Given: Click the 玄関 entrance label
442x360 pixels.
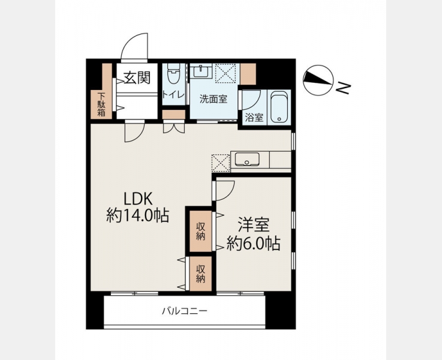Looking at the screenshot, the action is coord(137,77).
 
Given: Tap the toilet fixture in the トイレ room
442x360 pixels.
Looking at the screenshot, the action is coord(173,74).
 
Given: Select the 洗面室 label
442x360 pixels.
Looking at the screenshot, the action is coord(213,99).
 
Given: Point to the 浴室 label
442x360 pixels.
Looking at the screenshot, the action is coord(254,117).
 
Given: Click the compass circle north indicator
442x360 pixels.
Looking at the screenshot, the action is coord(318,80).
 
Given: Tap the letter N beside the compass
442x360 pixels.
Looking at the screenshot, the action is coord(344,88).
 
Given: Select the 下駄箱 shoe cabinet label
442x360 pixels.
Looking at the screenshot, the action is coord(101,104).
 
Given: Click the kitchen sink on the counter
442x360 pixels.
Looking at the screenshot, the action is coord(247,159).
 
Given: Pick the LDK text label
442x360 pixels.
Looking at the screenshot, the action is coord(139,199).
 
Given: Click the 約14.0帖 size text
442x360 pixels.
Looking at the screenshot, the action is coord(137,215).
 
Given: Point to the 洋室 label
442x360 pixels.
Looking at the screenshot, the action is coord(254,224).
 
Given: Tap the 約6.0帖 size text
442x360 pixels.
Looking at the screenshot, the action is coord(254,243).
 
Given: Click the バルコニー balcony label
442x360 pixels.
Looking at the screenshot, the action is coord(185,311).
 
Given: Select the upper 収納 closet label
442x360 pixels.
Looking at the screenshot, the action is coord(200,231).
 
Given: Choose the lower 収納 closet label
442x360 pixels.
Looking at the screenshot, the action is coord(200,274).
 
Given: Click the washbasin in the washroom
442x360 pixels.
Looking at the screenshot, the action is coord(201,71).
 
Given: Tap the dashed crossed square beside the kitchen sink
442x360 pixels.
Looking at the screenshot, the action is coord(221,163).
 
